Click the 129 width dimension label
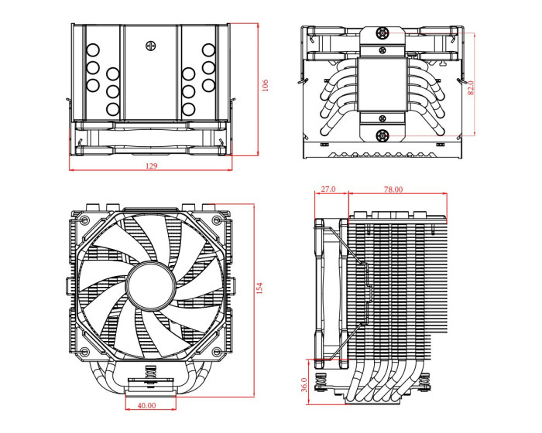(150, 166)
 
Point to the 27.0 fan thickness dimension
(328, 189)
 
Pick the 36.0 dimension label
(304, 384)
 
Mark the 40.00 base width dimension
(146, 404)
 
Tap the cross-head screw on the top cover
(150, 45)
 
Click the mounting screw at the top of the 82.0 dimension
(382, 34)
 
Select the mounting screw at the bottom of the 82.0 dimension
(382, 136)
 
